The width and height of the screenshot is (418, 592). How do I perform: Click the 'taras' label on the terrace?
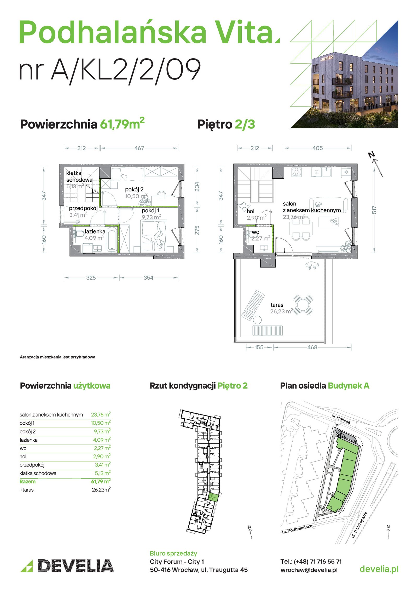[277, 305]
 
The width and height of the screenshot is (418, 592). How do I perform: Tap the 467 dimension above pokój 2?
[139, 148]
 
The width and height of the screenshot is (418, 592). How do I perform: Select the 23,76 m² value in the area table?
[101, 414]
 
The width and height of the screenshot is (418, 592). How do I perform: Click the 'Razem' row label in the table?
[27, 482]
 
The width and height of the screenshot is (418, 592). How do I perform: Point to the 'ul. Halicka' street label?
[341, 419]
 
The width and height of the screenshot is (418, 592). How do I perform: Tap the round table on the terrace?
[303, 305]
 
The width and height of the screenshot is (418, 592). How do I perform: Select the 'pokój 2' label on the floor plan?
[134, 190]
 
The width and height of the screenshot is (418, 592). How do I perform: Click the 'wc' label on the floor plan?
[255, 232]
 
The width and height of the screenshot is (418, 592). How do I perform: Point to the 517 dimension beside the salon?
[374, 210]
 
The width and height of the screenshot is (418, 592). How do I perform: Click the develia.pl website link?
[379, 569]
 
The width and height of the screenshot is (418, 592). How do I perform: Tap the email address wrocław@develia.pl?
[309, 570]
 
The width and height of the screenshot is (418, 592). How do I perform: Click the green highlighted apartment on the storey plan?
[214, 497]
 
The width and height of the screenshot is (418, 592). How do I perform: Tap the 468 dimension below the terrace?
[312, 347]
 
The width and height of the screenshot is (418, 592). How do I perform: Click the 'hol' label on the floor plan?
[251, 211]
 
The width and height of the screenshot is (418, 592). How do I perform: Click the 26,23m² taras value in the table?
[101, 490]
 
